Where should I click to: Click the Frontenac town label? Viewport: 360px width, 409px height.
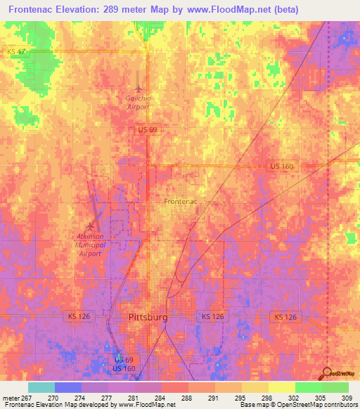pyautogui.click(x=180, y=202)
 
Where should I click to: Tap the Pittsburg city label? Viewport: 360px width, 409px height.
pyautogui.click(x=148, y=317)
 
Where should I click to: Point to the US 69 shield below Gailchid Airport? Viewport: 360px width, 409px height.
pyautogui.click(x=146, y=130)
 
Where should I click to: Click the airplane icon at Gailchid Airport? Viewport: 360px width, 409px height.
pyautogui.click(x=139, y=89)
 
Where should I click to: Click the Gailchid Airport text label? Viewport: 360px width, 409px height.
pyautogui.click(x=139, y=103)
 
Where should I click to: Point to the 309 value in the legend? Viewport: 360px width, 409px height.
pyautogui.click(x=347, y=397)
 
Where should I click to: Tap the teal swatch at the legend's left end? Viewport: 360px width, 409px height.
pyautogui.click(x=41, y=387)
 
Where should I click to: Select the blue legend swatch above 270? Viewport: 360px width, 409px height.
pyautogui.click(x=68, y=387)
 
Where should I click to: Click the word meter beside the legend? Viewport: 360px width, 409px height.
pyautogui.click(x=11, y=397)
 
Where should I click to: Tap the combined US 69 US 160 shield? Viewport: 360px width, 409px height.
pyautogui.click(x=124, y=364)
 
